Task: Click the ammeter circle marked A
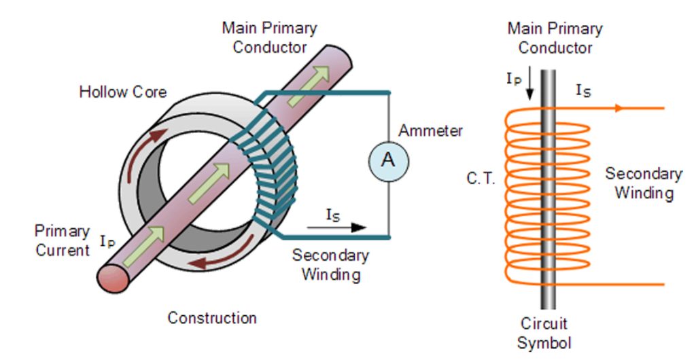pos(388,160)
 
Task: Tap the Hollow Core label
pos(123,92)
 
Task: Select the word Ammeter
pos(430,130)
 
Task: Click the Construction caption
pos(212,317)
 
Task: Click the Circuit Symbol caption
pos(544,333)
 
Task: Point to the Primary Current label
pos(63,240)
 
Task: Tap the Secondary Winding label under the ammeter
pos(330,265)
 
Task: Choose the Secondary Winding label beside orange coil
pos(643,183)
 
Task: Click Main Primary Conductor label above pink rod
pos(270,38)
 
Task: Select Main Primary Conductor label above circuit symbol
pos(555,38)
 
